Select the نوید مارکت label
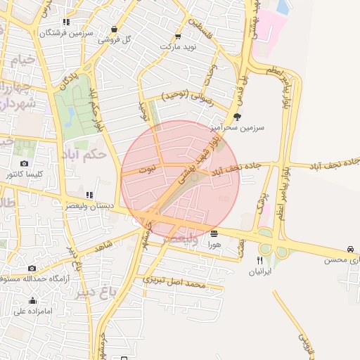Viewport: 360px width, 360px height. coord(177,46)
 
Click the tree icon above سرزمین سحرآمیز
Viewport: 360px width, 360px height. coord(236,117)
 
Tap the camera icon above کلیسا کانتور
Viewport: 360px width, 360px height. coord(25,163)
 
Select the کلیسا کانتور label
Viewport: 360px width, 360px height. coord(25,174)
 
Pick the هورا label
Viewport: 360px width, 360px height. coord(214,244)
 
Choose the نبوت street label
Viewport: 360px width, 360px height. coord(146,169)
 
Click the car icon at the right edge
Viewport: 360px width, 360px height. coord(350,250)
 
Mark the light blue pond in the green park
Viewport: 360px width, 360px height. coord(69,115)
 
